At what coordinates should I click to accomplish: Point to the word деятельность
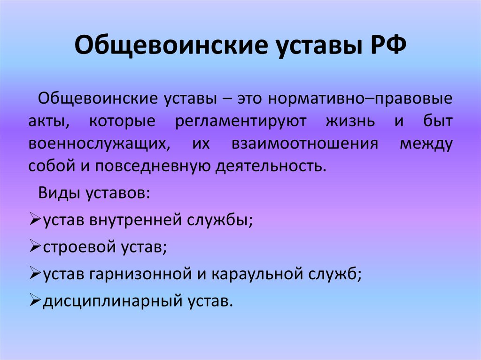[271, 167]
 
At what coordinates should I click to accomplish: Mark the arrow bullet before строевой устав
[35, 247]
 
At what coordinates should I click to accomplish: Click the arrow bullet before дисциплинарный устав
[35, 301]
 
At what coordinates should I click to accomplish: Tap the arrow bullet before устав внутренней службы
[35, 220]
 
